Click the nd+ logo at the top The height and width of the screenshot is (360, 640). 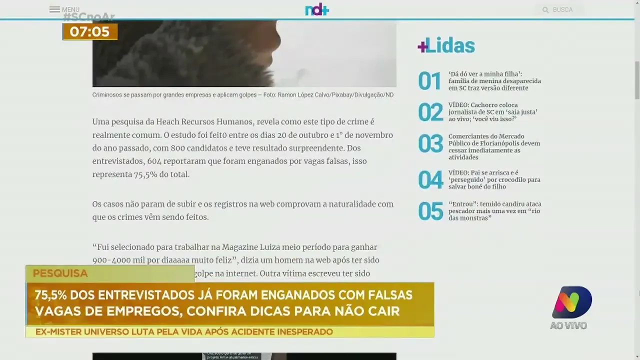pos(317,9)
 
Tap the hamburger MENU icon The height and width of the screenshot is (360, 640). pos(54,9)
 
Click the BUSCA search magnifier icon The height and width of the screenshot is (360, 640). pos(545,10)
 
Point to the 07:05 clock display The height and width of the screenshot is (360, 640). pos(89,32)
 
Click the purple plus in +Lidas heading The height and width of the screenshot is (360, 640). pos(422,46)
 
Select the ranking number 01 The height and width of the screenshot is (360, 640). pos(429,81)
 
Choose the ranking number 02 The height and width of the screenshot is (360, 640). pos(430,112)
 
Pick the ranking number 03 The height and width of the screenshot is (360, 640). pos(430,144)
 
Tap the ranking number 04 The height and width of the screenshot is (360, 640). pos(430,180)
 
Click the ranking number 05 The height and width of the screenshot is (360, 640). pos(430,211)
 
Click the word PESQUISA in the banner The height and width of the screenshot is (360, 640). pos(60,273)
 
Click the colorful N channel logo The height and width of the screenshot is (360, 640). pos(571,301)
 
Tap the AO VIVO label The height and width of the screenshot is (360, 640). pos(568,326)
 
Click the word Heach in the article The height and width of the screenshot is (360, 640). pos(170,122)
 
